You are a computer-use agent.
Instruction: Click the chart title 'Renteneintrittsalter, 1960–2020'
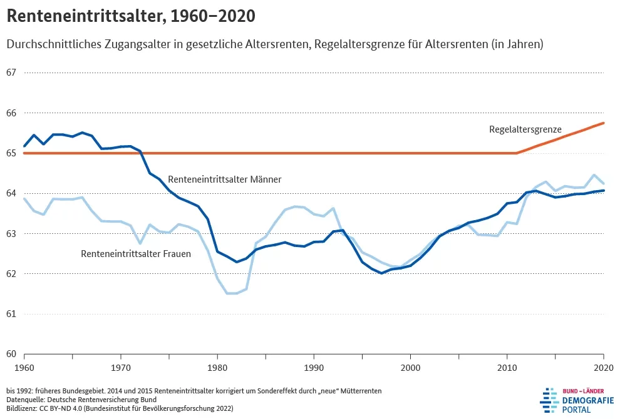pos(131,17)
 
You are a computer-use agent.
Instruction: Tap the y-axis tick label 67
pos(11,73)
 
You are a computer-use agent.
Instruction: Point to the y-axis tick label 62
pos(11,274)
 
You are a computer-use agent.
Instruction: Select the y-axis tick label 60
pos(11,354)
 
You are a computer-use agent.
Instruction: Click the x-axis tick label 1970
pos(121,367)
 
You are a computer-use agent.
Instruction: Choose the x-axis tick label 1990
pos(314,367)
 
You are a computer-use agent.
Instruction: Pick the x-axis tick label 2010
pos(507,367)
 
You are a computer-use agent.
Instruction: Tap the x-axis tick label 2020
pos(603,367)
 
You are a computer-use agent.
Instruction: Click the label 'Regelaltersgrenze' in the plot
pos(525,129)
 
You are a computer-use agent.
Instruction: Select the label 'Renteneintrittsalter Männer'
pos(224,179)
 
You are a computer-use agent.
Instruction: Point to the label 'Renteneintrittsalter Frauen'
pos(136,254)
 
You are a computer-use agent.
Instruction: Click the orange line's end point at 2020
pos(604,123)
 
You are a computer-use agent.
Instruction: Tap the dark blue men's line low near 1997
pos(381,273)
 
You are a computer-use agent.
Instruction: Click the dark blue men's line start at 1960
pos(24,146)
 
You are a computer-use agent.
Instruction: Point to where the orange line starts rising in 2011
pos(517,153)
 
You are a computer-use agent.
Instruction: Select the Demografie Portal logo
pos(576,398)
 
